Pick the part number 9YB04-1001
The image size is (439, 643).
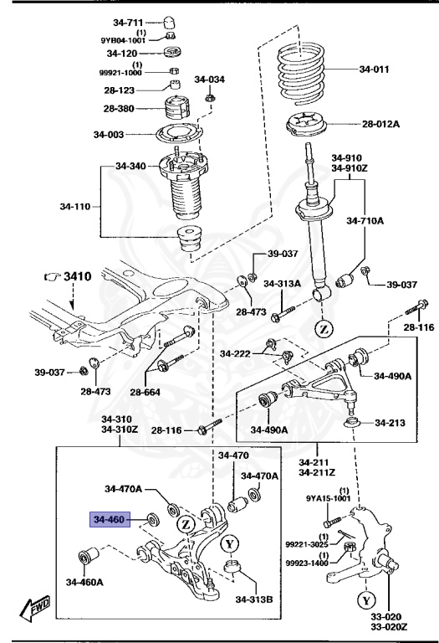[123, 39]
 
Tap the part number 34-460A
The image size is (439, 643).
[87, 581]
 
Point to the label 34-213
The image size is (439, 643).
[391, 421]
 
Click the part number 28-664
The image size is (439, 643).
[147, 392]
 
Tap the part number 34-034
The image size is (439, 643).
[210, 80]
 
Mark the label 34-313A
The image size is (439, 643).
[282, 284]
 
